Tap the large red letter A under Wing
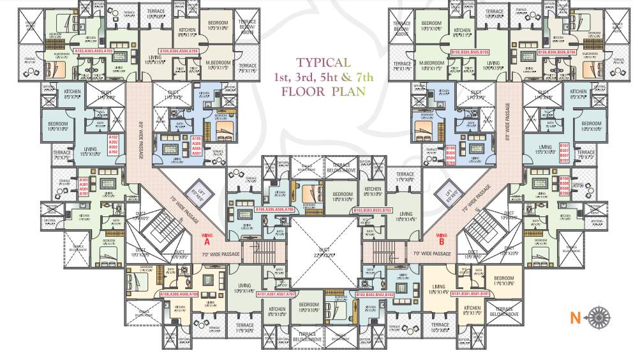(x=205, y=241)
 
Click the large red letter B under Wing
(x=440, y=241)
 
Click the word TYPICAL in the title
(x=323, y=63)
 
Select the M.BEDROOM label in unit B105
(x=432, y=65)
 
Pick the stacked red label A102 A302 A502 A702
(x=114, y=145)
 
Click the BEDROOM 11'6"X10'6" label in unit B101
(x=503, y=280)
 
